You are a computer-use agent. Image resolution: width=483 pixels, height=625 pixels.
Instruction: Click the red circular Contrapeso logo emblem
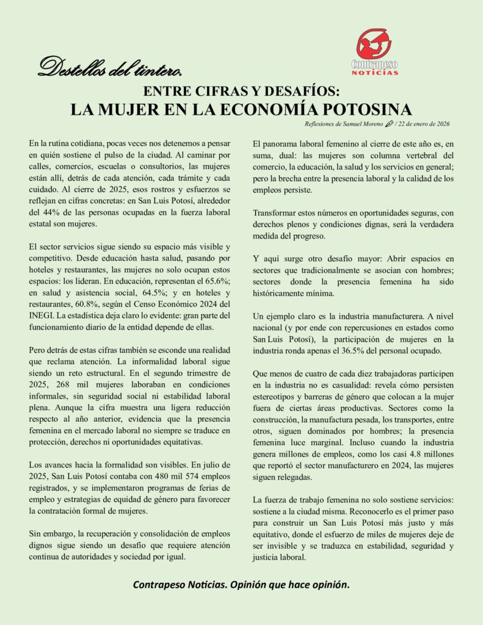tap(374, 43)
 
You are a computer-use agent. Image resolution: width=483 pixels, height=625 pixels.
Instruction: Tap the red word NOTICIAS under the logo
tap(374, 73)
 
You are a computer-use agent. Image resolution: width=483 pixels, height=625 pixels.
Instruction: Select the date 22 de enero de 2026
tap(425, 125)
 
